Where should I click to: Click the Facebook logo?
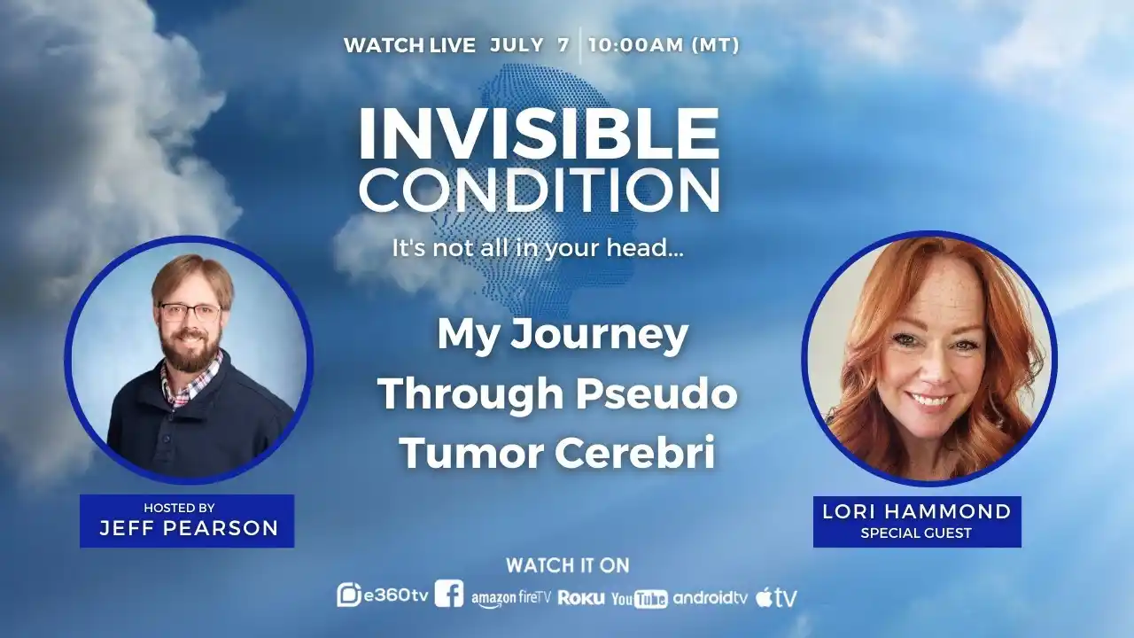tap(448, 594)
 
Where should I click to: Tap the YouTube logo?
tap(640, 599)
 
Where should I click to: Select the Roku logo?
tap(581, 598)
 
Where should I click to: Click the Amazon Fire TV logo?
tap(511, 598)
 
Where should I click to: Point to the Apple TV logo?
tap(777, 598)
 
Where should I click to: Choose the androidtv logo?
tap(711, 598)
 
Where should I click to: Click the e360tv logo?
tap(383, 595)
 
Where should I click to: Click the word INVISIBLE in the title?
tap(540, 134)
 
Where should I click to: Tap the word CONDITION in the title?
tap(540, 191)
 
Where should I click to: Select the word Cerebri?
tap(635, 452)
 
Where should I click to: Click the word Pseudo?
tap(656, 393)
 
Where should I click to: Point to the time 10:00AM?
tap(636, 45)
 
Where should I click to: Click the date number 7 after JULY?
tap(563, 45)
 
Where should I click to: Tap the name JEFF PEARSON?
tap(189, 528)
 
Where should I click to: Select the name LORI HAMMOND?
tap(917, 511)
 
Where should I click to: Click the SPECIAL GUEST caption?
tap(916, 533)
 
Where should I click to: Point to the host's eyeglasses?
tap(190, 312)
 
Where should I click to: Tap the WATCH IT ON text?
tap(568, 565)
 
